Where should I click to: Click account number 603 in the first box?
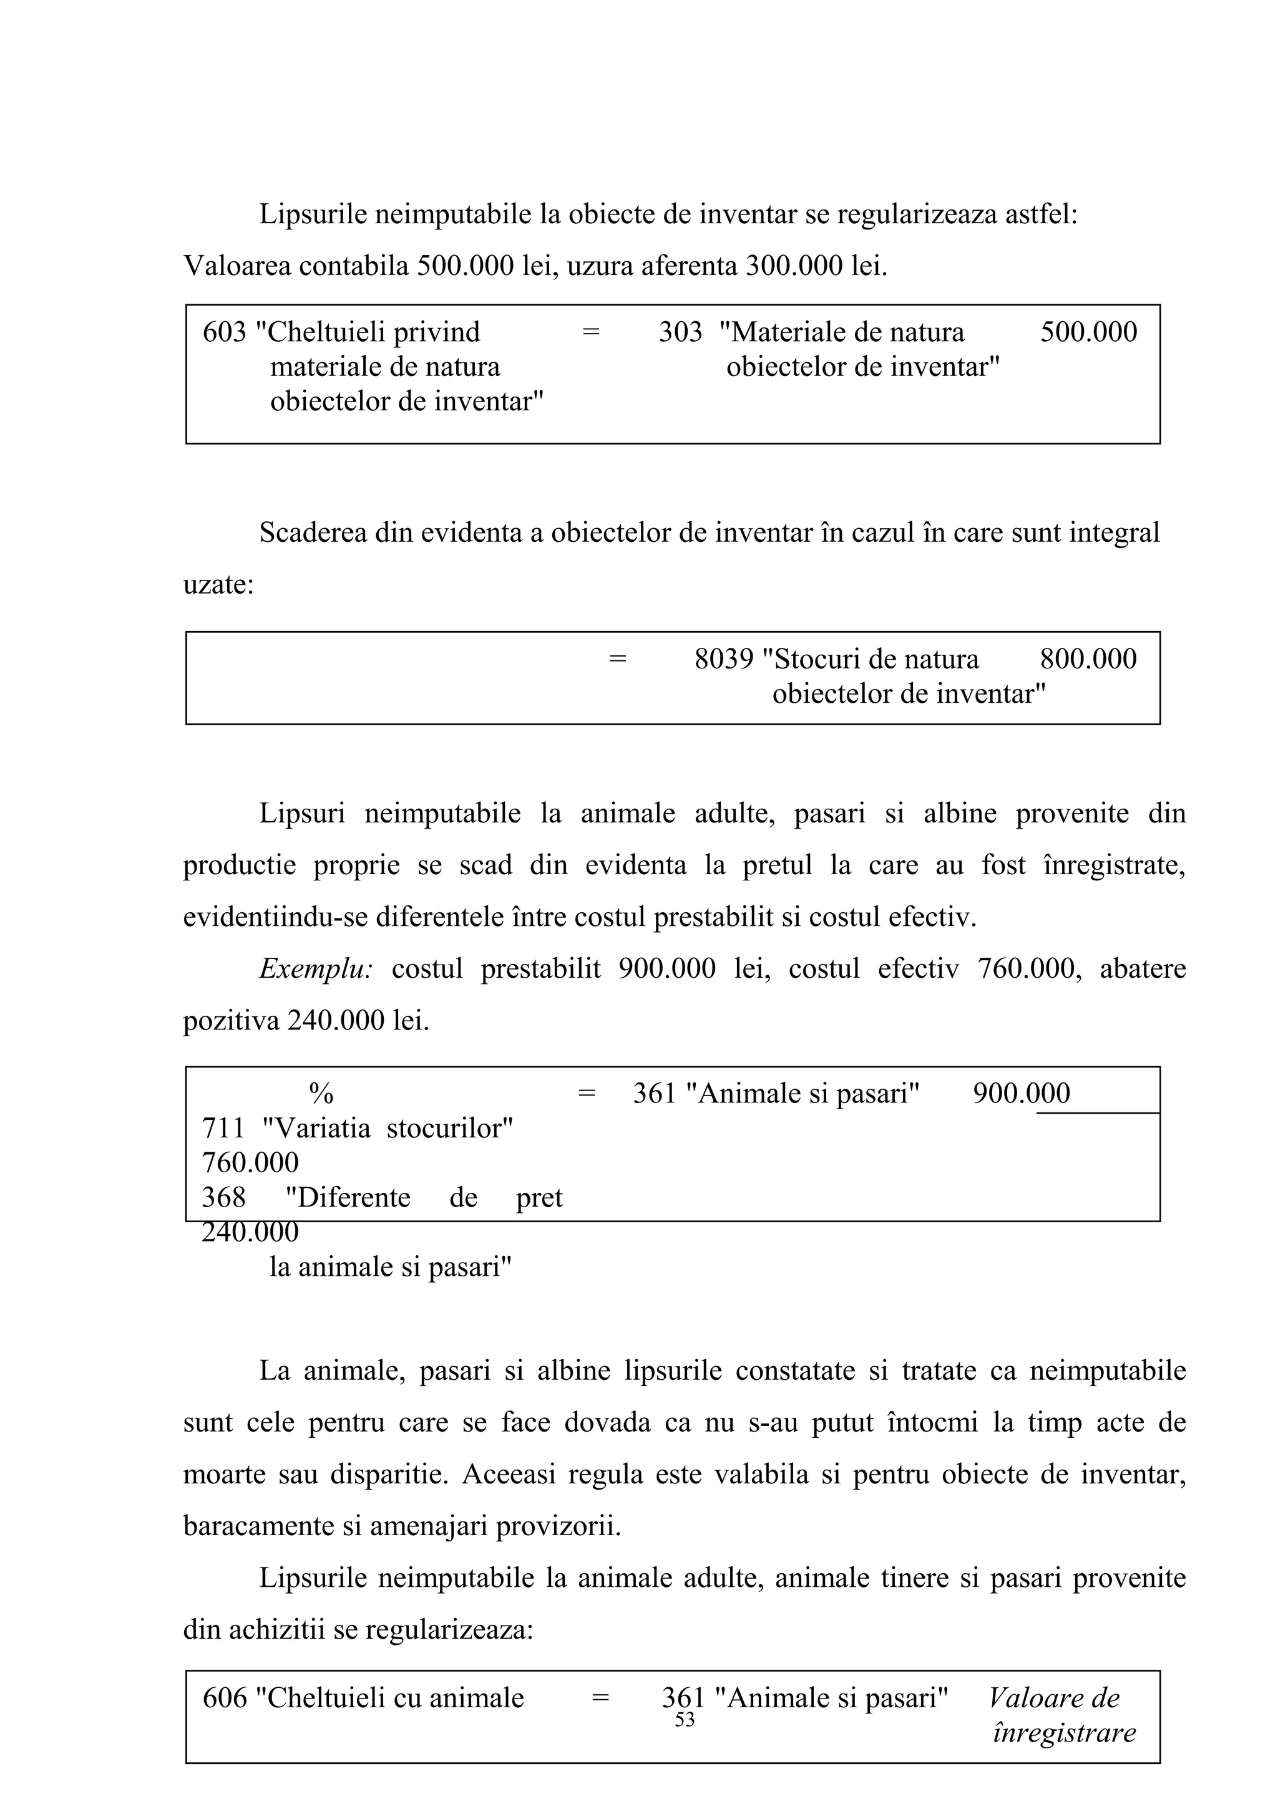(225, 332)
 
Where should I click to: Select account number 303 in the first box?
(680, 332)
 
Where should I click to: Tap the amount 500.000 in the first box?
(1088, 332)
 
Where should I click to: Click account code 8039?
(724, 658)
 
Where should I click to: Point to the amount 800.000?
(1088, 658)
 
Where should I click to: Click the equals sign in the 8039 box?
(618, 658)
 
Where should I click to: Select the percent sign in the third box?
(321, 1094)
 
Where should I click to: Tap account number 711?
(223, 1129)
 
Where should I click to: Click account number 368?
(223, 1198)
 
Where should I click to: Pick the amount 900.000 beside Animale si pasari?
(1022, 1094)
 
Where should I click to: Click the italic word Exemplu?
(316, 969)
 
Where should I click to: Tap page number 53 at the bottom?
(685, 1720)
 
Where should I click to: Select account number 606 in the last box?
(225, 1699)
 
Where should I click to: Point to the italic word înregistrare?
(1065, 1733)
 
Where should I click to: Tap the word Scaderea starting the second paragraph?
(313, 533)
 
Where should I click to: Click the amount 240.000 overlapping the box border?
(250, 1231)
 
